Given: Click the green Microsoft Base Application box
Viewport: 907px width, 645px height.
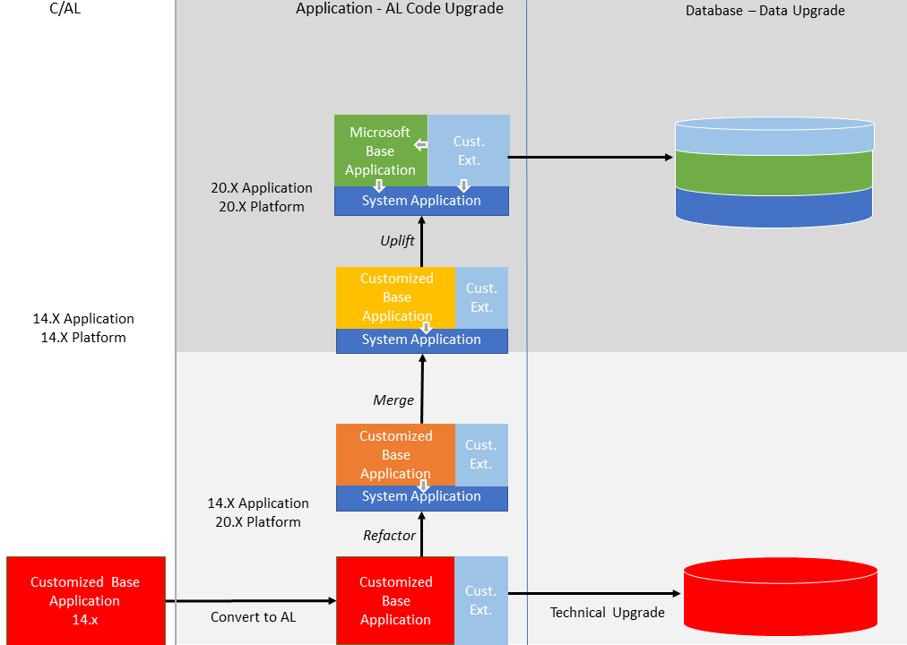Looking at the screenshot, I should [x=380, y=150].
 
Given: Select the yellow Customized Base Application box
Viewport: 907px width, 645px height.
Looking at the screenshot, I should [x=395, y=297].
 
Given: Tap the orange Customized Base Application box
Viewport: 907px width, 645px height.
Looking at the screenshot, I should [x=395, y=454].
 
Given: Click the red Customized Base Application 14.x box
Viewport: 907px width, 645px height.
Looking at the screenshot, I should [x=85, y=600].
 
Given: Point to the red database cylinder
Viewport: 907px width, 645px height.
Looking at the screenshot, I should [x=780, y=598].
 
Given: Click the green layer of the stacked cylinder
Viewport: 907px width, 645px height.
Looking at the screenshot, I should [x=773, y=170].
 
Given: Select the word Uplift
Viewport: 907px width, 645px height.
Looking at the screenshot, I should [x=398, y=241].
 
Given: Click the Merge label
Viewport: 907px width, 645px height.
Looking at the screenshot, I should [x=393, y=400].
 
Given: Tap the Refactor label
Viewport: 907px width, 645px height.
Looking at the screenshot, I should [x=389, y=536].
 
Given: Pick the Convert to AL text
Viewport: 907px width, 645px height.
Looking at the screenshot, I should [x=253, y=617].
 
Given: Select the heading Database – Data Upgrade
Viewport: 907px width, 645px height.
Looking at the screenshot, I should [x=764, y=11].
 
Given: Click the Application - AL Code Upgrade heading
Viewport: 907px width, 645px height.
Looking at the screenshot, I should [x=399, y=9].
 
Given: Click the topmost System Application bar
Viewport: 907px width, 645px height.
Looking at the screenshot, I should [x=421, y=202].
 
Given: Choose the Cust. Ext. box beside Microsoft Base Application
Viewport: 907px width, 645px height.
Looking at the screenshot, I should [x=469, y=150].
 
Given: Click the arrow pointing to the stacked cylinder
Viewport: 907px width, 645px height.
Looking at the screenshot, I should [x=592, y=158].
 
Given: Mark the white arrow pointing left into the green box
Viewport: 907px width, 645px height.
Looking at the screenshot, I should [x=419, y=144].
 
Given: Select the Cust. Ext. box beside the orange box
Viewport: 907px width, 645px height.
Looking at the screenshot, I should [x=480, y=454].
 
